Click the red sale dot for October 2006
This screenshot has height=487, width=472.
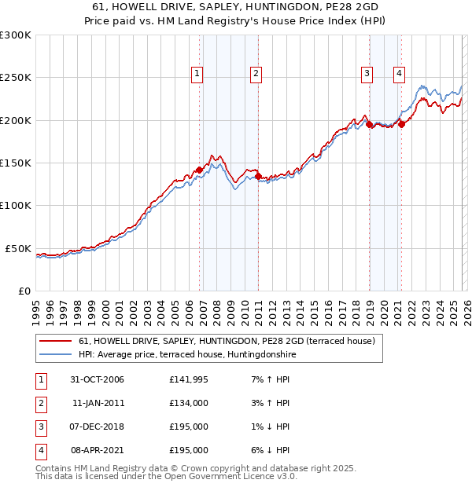pos(200,170)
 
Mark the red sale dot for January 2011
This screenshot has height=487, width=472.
pos(259,177)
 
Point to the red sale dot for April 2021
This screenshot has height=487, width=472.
pos(401,124)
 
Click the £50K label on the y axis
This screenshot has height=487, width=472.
pos(19,248)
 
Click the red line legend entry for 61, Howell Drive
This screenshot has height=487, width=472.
pos(227,341)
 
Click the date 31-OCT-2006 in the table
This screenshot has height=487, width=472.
pos(98,379)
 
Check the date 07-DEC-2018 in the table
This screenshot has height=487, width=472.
pos(98,427)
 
